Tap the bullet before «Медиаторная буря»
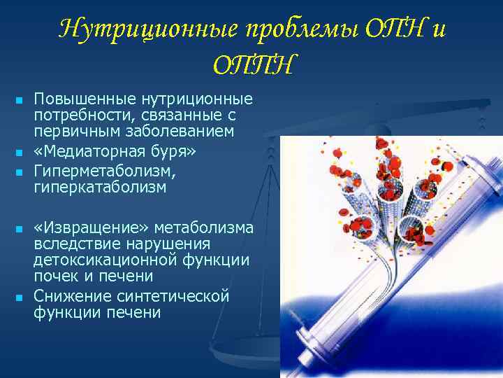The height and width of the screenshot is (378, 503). point(19,152)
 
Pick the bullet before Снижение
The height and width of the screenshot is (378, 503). point(19,297)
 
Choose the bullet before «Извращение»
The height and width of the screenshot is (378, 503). point(19,229)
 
